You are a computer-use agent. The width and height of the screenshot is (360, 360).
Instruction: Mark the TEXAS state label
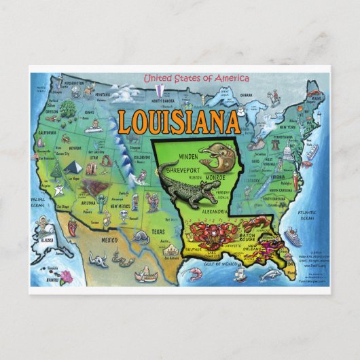coord(158,231)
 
